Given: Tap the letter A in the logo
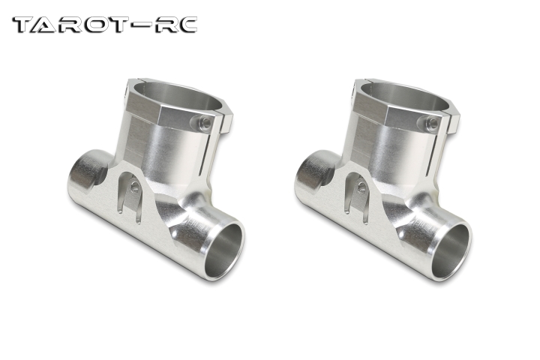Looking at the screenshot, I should point(52,25).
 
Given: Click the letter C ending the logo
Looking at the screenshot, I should point(185,25).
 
